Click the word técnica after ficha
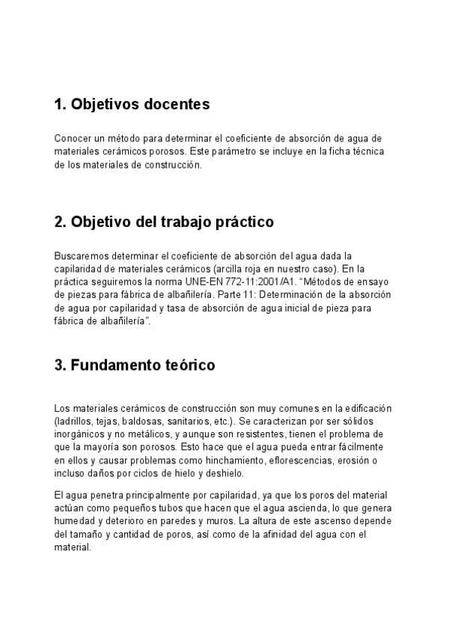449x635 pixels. click(x=367, y=152)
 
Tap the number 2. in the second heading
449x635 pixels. click(x=61, y=222)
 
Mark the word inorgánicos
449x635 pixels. click(x=79, y=434)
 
